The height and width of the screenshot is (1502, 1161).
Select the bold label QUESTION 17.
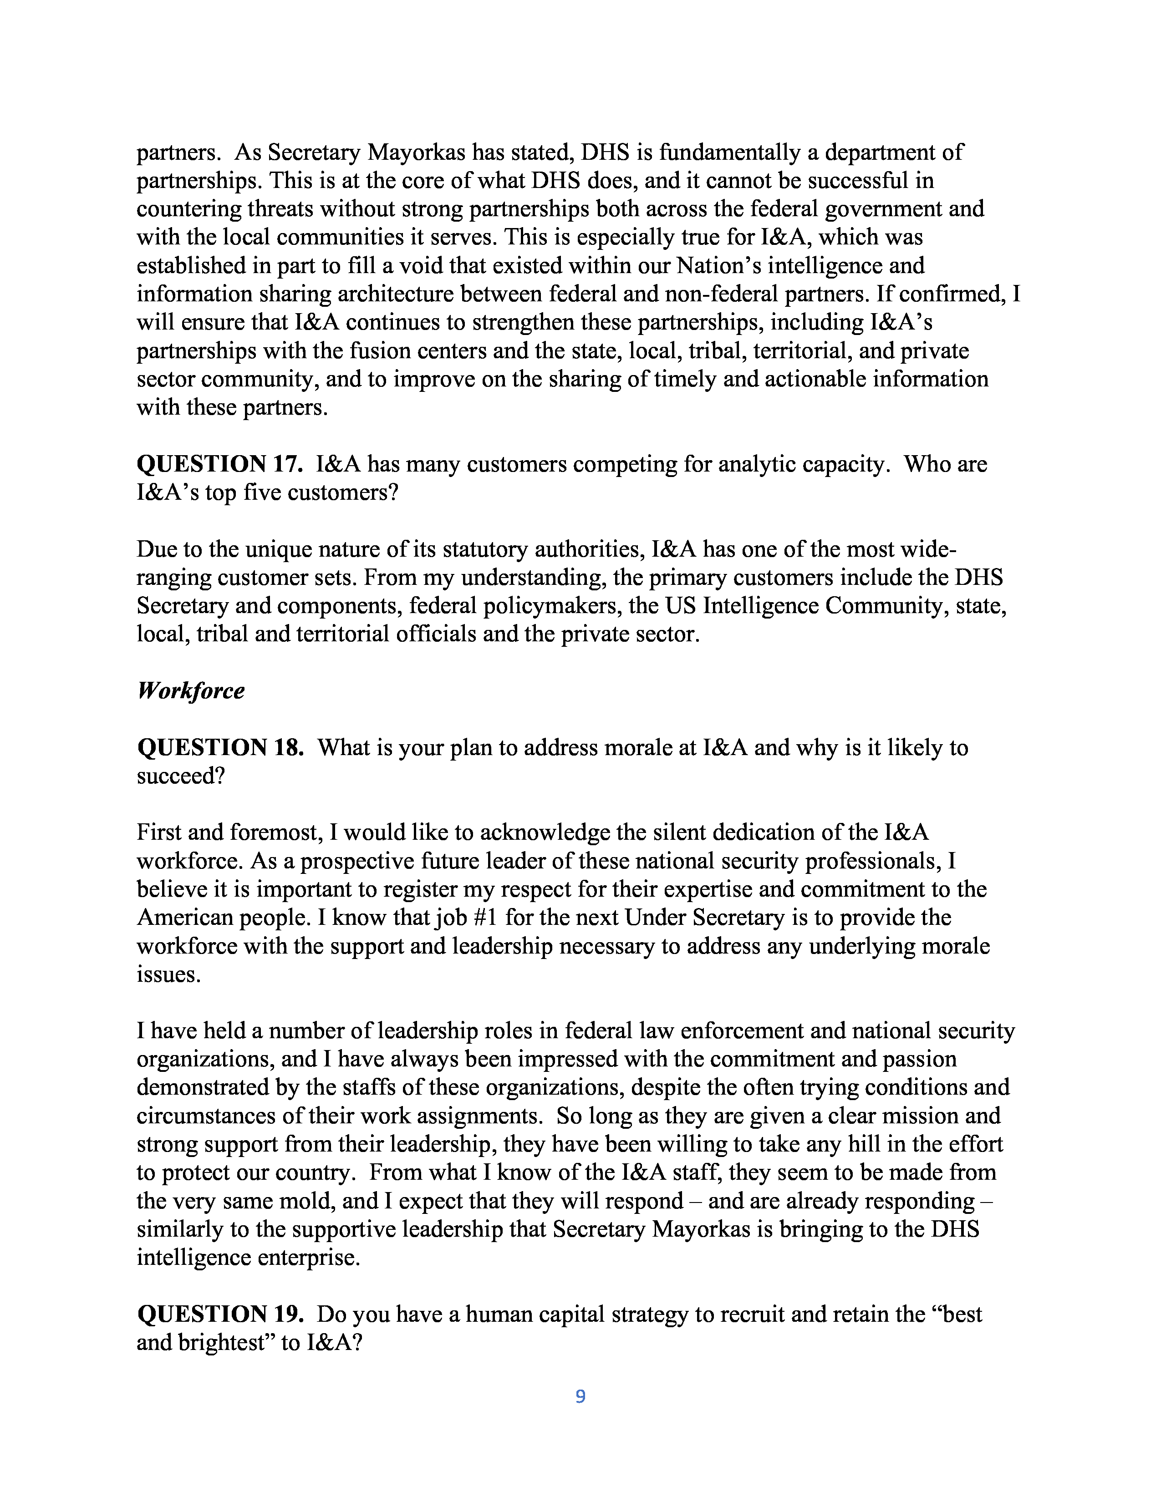coord(219,464)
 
